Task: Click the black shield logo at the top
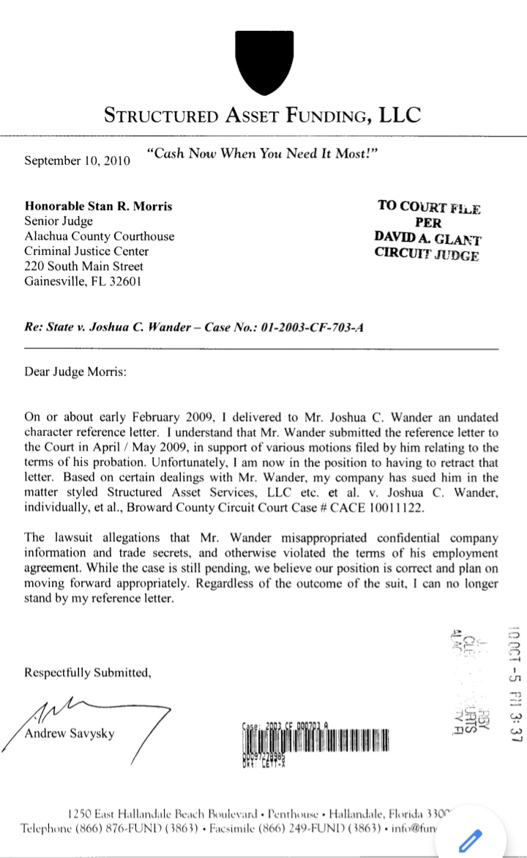click(x=263, y=63)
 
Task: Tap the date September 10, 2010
click(x=77, y=160)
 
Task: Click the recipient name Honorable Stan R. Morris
click(x=99, y=207)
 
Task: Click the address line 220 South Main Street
click(x=84, y=266)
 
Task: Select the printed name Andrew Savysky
click(x=70, y=734)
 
